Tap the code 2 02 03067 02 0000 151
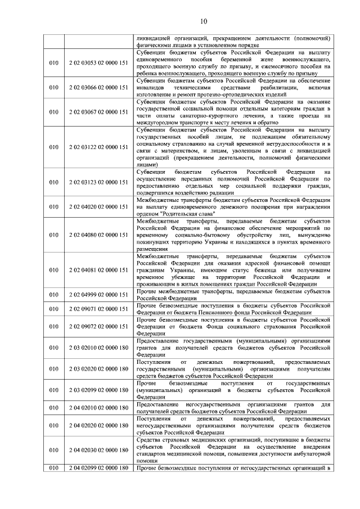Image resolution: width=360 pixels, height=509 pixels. click(x=98, y=112)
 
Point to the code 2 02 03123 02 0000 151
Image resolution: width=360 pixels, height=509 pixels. click(x=98, y=182)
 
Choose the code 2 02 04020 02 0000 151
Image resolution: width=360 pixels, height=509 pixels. click(x=98, y=206)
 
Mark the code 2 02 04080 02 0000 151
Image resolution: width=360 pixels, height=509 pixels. click(x=98, y=235)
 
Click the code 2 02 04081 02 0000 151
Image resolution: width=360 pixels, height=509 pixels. click(x=98, y=270)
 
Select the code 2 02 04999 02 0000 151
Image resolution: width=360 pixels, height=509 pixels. click(x=98, y=295)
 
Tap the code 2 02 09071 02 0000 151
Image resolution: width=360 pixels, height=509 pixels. click(x=98, y=309)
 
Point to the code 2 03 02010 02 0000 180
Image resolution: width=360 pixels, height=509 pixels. click(x=98, y=348)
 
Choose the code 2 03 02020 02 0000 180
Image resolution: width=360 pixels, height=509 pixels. click(x=98, y=368)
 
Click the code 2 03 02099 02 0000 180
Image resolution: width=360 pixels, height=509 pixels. click(x=98, y=390)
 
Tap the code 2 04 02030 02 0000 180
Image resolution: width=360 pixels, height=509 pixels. click(x=98, y=450)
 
